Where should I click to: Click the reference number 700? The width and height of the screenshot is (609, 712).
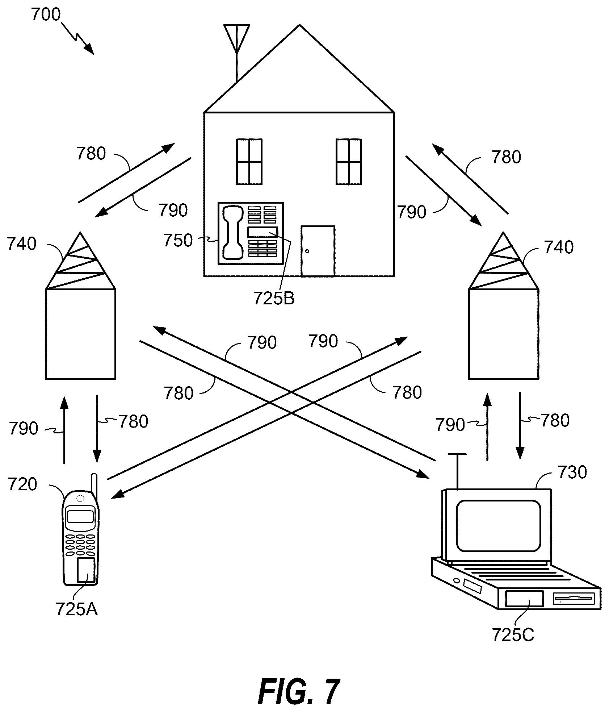[46, 15]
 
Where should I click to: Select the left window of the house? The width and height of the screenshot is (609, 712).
[249, 162]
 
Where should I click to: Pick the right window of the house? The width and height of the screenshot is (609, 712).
[349, 162]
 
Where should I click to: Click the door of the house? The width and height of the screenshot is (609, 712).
[318, 251]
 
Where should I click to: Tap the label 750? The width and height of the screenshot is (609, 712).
[178, 240]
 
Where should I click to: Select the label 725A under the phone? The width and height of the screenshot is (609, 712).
[77, 609]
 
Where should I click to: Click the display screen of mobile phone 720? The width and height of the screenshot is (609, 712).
[80, 516]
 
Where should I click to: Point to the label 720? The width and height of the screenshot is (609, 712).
[22, 484]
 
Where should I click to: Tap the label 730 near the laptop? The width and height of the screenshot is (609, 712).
[572, 472]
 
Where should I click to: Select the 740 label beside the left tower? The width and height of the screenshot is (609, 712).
[22, 244]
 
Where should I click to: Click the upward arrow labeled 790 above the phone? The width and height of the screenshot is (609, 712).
[64, 429]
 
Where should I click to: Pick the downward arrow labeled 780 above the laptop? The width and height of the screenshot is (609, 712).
[520, 426]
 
